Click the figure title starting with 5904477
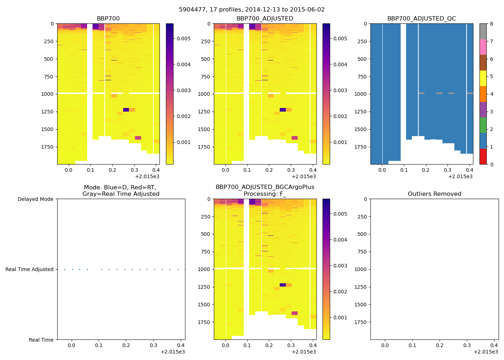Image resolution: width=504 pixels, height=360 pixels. (x=252, y=10)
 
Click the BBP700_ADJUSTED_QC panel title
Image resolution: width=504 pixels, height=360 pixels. (x=422, y=19)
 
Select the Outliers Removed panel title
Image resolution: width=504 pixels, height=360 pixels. (x=434, y=194)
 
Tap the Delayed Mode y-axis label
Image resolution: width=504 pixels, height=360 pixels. (x=35, y=199)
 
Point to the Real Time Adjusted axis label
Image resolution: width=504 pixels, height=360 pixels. (x=29, y=270)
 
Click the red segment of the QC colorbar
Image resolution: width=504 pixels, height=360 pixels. (x=483, y=157)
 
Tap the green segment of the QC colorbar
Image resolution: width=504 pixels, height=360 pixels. (x=483, y=125)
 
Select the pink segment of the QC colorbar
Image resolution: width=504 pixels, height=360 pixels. (x=483, y=47)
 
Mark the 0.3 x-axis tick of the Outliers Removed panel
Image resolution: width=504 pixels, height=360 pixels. (x=467, y=346)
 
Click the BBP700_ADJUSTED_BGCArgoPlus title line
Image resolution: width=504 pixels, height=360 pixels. (x=265, y=187)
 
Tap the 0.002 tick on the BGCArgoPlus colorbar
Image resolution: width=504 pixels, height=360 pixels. (x=340, y=292)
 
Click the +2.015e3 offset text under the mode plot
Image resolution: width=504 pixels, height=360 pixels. (x=172, y=352)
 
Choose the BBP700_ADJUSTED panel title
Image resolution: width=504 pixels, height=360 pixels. (x=265, y=19)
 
